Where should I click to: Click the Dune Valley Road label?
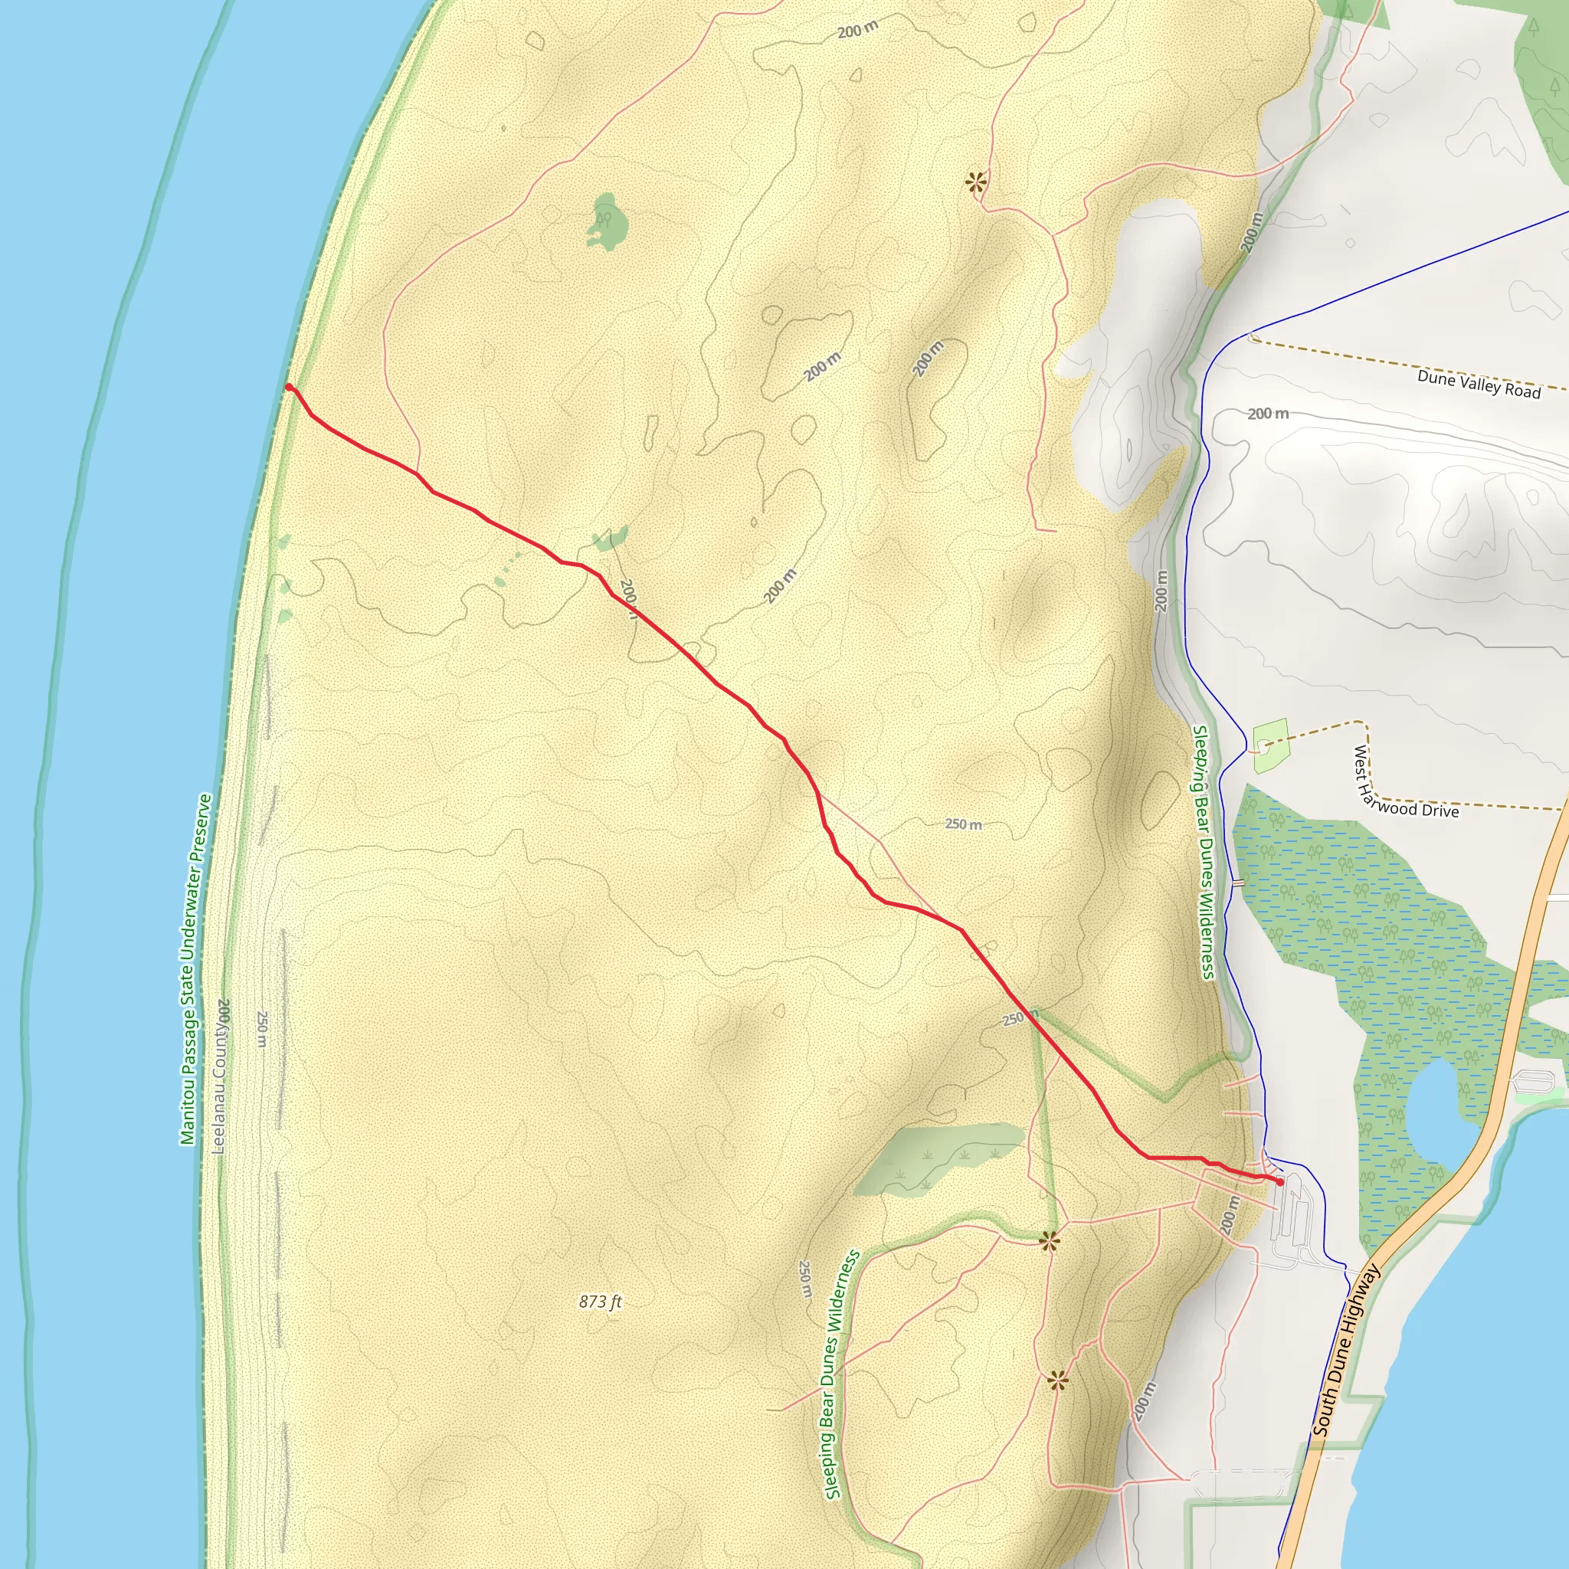point(1478,383)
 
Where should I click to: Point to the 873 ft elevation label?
point(600,1301)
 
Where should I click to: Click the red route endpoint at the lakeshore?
point(289,388)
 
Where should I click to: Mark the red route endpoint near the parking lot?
point(1281,1182)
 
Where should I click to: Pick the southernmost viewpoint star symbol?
point(1056,1380)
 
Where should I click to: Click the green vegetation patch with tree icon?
point(606,221)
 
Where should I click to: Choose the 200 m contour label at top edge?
point(857,31)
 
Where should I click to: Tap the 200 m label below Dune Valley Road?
point(1268,414)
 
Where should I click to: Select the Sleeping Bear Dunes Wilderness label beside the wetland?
point(1203,853)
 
